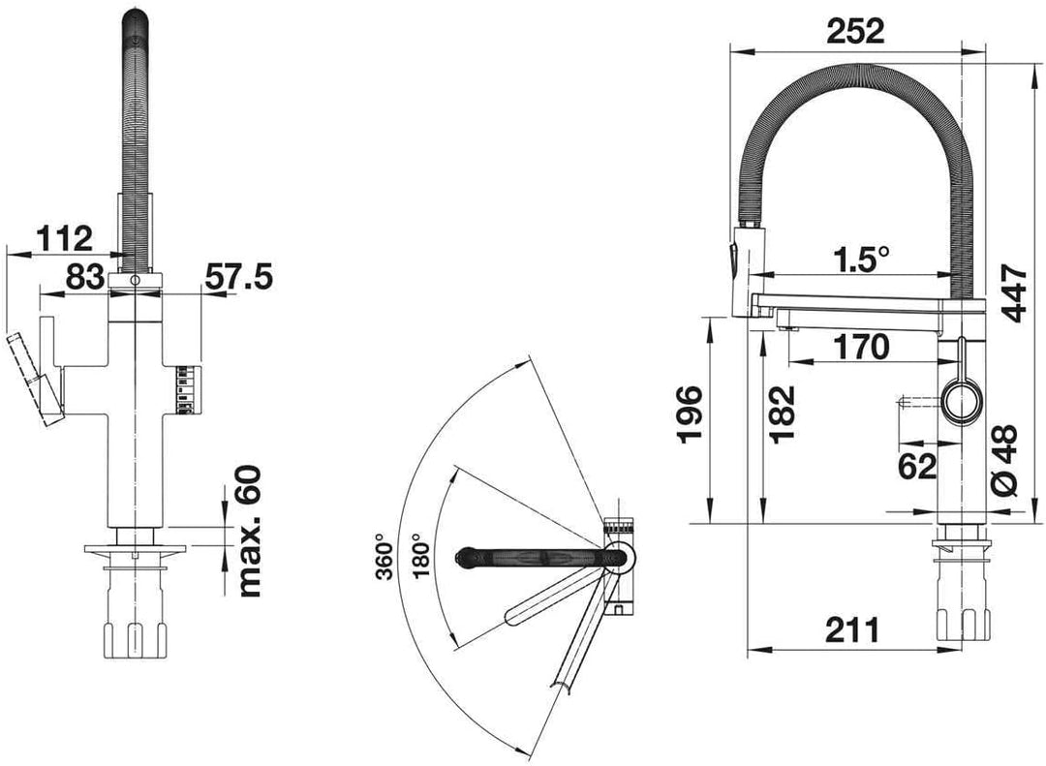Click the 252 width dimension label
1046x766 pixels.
(x=855, y=31)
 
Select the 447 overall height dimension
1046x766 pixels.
(x=1014, y=292)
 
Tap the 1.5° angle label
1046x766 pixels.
(x=861, y=259)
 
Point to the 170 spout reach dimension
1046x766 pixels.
(x=861, y=347)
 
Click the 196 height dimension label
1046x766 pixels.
(x=690, y=414)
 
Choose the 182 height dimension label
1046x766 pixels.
(x=782, y=414)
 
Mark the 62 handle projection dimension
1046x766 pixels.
(x=917, y=466)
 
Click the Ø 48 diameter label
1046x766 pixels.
(x=1004, y=460)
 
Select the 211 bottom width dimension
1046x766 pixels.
(x=852, y=628)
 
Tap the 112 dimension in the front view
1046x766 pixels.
(x=64, y=238)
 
